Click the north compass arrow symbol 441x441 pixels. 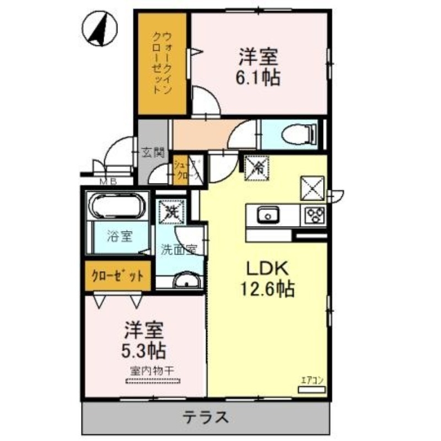click(x=99, y=28)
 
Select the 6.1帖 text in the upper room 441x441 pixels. click(x=259, y=77)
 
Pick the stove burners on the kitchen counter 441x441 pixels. click(x=315, y=214)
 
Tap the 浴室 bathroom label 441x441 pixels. click(x=119, y=237)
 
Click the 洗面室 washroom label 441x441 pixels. click(x=179, y=249)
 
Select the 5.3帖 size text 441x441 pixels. click(x=144, y=349)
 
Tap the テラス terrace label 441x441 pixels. click(x=206, y=417)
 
